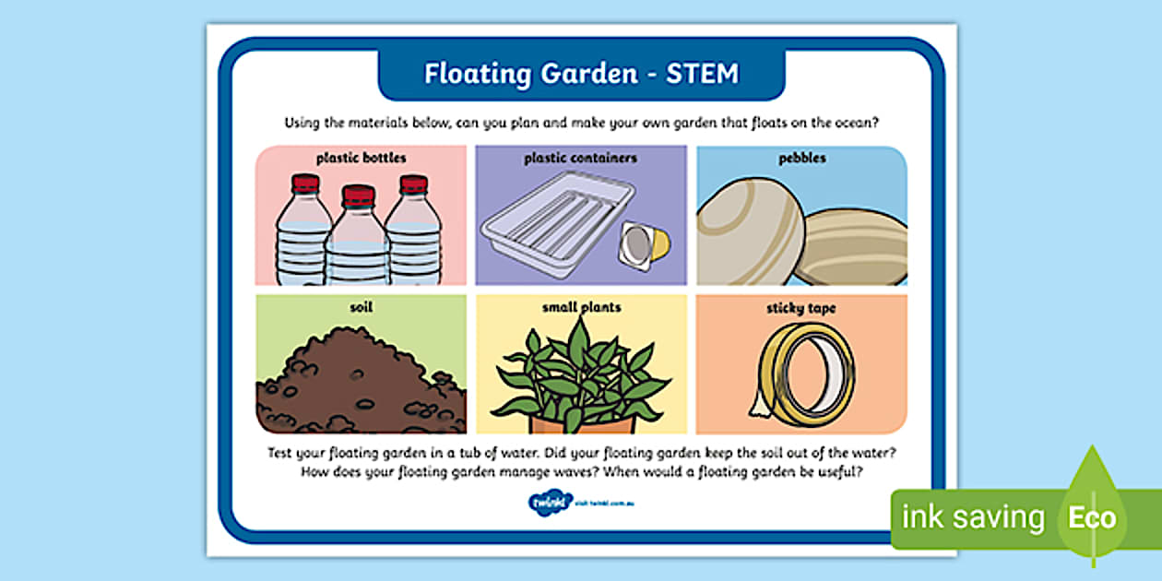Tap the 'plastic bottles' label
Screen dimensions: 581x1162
(x=361, y=158)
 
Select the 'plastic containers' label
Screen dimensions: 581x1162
(x=580, y=158)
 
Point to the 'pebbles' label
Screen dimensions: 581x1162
(x=801, y=158)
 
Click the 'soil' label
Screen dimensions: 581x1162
(x=361, y=308)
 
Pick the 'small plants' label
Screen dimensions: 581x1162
(x=580, y=308)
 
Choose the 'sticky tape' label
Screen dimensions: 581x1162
(x=801, y=308)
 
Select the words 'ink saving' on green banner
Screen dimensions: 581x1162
(x=973, y=518)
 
